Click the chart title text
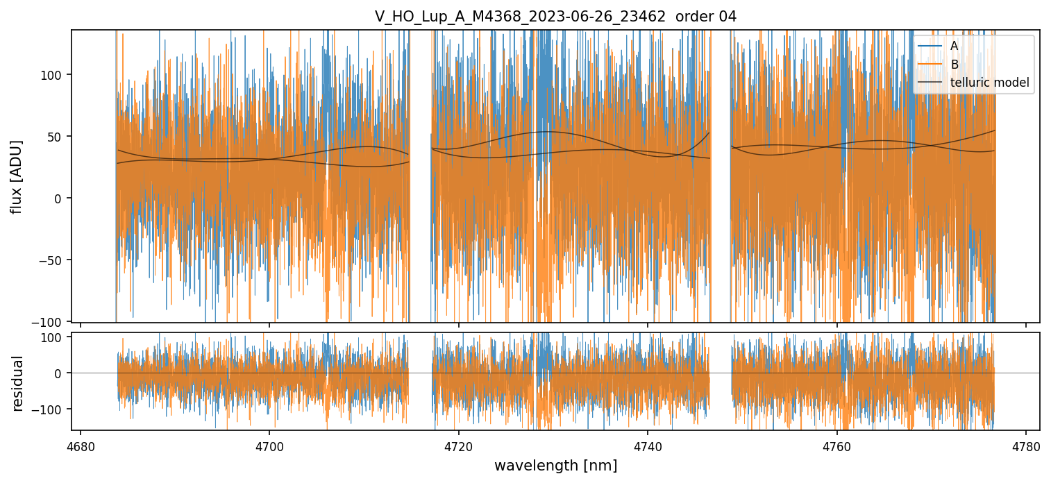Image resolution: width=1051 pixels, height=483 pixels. click(x=555, y=16)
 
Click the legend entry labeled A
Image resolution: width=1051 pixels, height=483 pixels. click(x=954, y=46)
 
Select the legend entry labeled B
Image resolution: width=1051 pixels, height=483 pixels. click(x=954, y=65)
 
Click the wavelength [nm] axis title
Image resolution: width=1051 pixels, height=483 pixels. click(x=555, y=465)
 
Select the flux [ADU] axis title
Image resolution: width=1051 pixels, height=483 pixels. click(x=15, y=176)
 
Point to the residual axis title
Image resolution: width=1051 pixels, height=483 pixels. click(x=18, y=383)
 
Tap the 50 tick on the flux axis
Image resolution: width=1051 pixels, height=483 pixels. click(x=56, y=137)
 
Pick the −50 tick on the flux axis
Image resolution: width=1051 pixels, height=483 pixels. click(x=53, y=260)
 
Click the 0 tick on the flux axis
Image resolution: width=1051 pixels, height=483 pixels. click(x=59, y=198)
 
